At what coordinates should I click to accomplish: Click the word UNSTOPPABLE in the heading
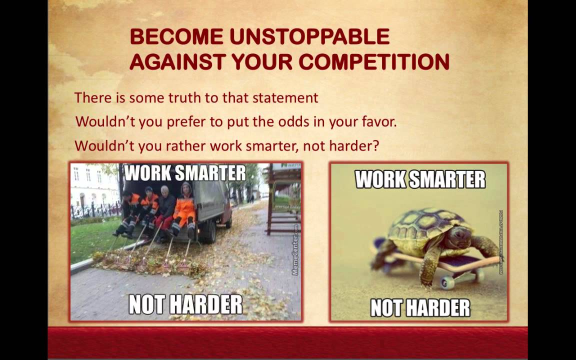(x=309, y=37)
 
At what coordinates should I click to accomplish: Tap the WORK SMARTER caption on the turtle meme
(x=420, y=179)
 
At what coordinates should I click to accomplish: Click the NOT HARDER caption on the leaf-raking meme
(x=185, y=304)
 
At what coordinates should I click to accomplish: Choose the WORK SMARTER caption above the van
(x=185, y=173)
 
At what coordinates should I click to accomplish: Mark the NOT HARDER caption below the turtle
(x=420, y=307)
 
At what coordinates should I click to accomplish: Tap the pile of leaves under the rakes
(x=150, y=262)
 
